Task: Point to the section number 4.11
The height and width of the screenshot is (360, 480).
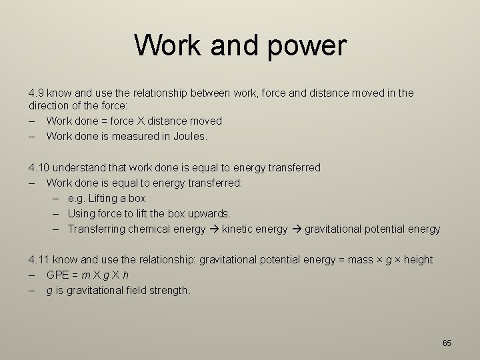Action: [38, 259]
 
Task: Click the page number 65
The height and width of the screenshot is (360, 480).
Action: [447, 343]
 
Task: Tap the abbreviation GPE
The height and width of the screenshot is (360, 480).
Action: [58, 275]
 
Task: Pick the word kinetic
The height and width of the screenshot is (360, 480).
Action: [239, 229]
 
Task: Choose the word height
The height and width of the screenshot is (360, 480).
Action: [418, 259]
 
